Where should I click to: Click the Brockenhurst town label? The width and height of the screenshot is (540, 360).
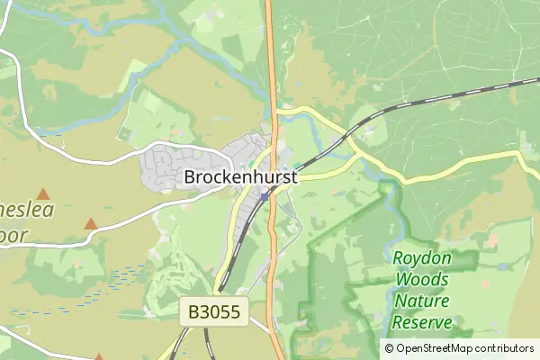click(x=240, y=177)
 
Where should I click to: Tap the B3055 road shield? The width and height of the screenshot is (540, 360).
click(x=214, y=312)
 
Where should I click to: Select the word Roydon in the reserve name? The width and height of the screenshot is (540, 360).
click(x=421, y=259)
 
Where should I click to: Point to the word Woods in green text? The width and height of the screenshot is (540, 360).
click(x=421, y=280)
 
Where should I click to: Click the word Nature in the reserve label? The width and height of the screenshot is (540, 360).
click(x=421, y=301)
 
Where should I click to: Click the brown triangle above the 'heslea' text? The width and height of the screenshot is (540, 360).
click(x=42, y=193)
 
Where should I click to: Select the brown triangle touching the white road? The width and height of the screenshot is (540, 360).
click(x=90, y=223)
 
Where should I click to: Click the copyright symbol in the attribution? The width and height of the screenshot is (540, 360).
click(x=389, y=348)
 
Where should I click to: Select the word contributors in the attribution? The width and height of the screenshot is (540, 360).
click(x=504, y=348)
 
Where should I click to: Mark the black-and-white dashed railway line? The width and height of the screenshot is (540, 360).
click(x=432, y=102)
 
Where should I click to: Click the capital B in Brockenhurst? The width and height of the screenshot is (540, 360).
click(x=190, y=177)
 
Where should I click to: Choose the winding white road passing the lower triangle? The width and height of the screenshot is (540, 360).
click(x=135, y=214)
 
